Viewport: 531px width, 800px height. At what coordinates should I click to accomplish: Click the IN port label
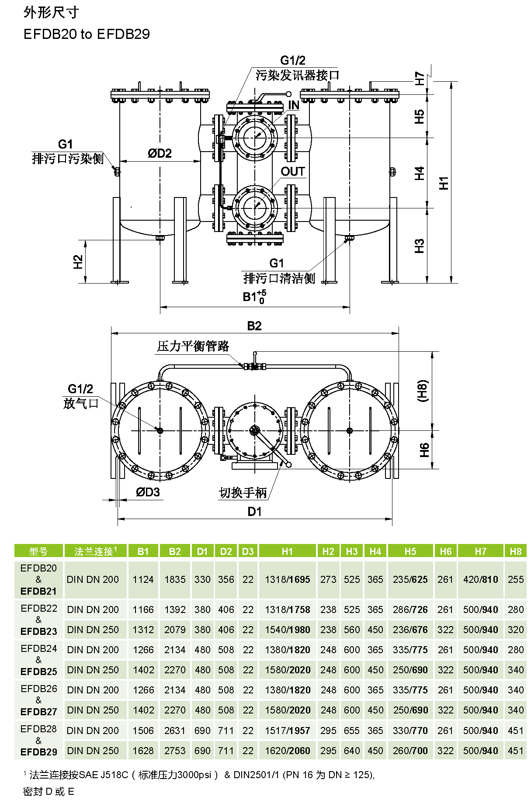[x=294, y=105]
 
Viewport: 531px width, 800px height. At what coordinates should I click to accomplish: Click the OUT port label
[x=292, y=172]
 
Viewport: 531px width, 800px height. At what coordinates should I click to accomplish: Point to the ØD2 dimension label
[x=160, y=153]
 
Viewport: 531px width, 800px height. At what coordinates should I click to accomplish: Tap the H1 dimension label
[x=444, y=183]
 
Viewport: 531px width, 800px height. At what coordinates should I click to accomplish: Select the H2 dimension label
[x=78, y=262]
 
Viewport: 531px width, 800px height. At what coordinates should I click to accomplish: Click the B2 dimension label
[x=254, y=326]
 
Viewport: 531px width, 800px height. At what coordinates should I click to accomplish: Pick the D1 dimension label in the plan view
[x=254, y=512]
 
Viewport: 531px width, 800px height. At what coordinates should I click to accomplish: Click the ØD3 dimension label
[x=148, y=492]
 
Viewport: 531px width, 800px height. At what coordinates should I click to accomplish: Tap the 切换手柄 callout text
[x=243, y=493]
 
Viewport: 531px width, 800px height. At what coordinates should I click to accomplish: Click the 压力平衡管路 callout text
[x=193, y=346]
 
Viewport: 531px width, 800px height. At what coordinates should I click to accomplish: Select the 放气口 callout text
[x=81, y=403]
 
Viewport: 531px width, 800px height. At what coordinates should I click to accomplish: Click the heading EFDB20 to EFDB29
[x=87, y=34]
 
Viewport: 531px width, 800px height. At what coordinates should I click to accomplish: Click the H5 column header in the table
[x=410, y=551]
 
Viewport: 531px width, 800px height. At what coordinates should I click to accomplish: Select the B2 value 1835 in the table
[x=175, y=579]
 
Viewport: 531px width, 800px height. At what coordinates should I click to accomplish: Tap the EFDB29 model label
[x=38, y=752]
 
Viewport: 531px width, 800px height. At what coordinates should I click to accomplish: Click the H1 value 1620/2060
[x=287, y=751]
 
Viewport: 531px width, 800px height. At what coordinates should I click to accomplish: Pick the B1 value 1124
[x=143, y=579]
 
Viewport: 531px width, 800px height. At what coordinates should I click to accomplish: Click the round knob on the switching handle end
[x=288, y=464]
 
